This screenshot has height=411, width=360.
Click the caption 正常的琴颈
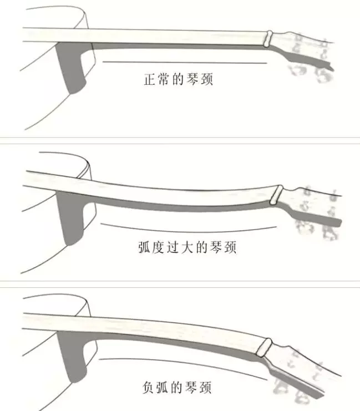[x=178, y=79]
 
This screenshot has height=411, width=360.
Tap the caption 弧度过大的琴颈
[x=187, y=247]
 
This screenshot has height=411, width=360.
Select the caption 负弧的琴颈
[x=177, y=388]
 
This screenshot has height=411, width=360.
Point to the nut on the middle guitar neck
[x=277, y=195]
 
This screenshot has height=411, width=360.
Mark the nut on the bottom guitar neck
[x=264, y=347]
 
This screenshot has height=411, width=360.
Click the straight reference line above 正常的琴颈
[x=185, y=62]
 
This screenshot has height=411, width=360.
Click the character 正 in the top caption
[x=150, y=79]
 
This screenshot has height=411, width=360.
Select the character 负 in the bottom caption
[x=149, y=388]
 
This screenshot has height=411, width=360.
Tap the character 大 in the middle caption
[x=187, y=247]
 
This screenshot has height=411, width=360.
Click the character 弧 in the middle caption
[x=144, y=247]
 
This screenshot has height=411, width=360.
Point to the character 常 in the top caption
[x=164, y=79]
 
